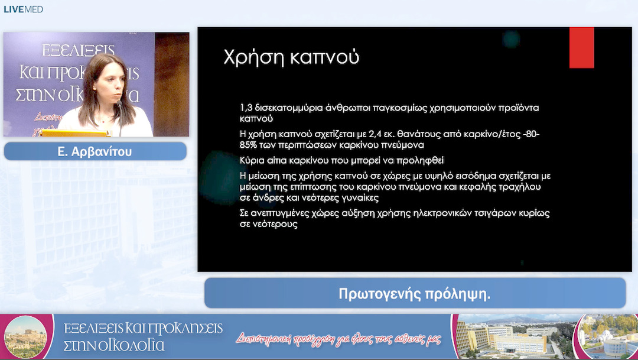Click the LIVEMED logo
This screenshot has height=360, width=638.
click(24, 9)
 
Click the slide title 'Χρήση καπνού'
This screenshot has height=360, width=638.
click(291, 58)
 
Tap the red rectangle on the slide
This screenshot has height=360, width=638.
click(581, 48)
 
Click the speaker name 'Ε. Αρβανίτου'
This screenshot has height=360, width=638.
click(95, 151)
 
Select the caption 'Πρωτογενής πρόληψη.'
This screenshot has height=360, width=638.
click(415, 293)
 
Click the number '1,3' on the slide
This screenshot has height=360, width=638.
click(246, 108)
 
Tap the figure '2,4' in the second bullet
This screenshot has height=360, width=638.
click(371, 134)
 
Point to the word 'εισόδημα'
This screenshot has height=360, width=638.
click(469, 176)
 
